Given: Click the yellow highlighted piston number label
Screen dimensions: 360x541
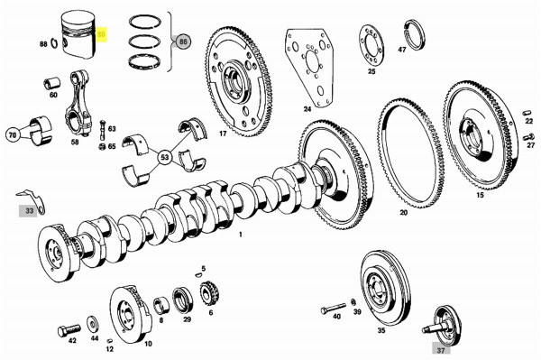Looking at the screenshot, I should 102,35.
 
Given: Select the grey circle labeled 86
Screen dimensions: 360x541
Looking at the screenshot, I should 184,42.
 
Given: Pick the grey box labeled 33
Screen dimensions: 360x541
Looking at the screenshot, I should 31,210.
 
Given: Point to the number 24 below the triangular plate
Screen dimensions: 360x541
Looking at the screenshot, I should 307,110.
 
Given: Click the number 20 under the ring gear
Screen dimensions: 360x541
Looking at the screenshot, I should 403,213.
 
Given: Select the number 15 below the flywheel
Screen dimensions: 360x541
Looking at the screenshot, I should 480,195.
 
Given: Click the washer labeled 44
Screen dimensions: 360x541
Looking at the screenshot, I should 94,322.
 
